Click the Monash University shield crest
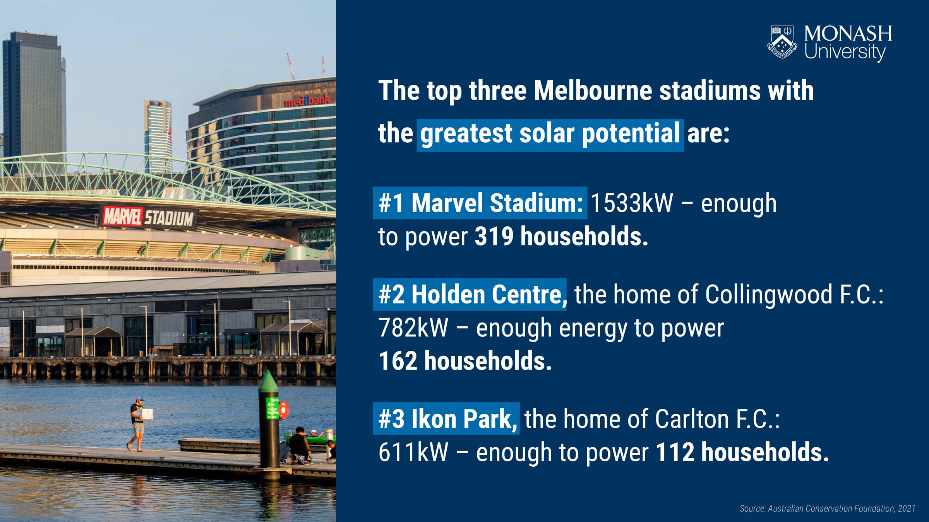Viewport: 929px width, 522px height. click(782, 42)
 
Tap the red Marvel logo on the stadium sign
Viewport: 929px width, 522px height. click(123, 217)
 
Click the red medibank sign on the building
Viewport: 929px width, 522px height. click(307, 100)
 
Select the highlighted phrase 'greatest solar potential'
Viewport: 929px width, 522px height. click(550, 133)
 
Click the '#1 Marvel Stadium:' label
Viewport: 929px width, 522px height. click(480, 203)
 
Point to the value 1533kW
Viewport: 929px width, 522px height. click(632, 203)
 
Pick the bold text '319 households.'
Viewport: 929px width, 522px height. click(561, 236)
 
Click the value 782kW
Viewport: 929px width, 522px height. click(413, 328)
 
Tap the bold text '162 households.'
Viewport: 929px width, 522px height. click(465, 361)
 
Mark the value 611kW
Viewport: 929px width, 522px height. click(413, 452)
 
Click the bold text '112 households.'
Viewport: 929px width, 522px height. click(742, 452)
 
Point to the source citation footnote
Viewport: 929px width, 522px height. click(827, 508)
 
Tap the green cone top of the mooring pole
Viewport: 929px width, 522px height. click(269, 384)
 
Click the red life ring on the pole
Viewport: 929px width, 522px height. click(284, 410)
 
